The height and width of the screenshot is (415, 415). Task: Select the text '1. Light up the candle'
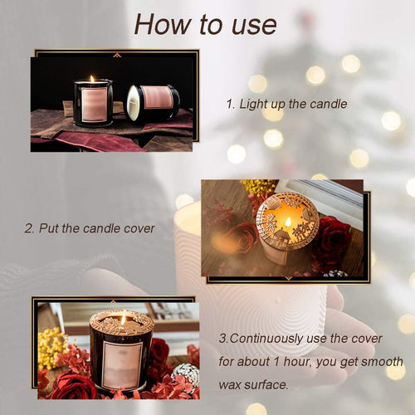(x=286, y=105)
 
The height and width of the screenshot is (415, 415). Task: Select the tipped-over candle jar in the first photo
(x=150, y=103)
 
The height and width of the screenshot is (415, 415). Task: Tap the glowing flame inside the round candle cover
(x=287, y=222)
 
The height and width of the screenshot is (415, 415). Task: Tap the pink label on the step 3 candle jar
(x=121, y=364)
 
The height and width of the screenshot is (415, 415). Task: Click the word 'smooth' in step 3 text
(x=383, y=362)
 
